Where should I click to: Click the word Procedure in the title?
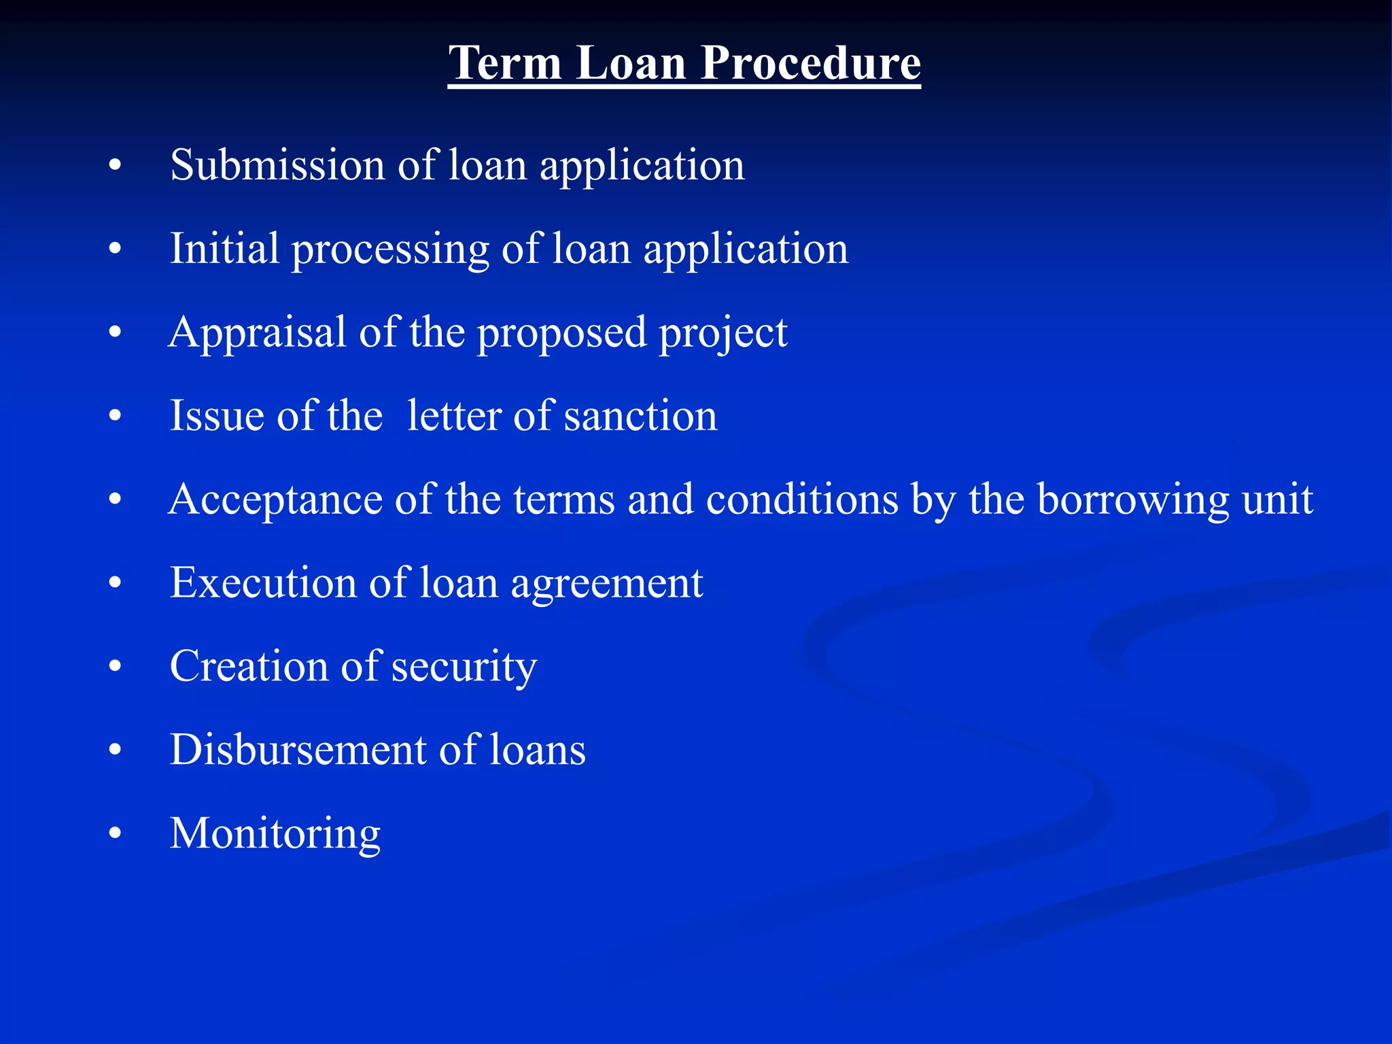pyautogui.click(x=810, y=63)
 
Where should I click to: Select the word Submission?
pyautogui.click(x=277, y=165)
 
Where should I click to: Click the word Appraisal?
pyautogui.click(x=258, y=333)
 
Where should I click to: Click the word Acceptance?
pyautogui.click(x=275, y=500)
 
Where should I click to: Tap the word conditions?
pyautogui.click(x=802, y=500)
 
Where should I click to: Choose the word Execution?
pyautogui.click(x=262, y=583)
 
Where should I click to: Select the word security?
pyautogui.click(x=464, y=667)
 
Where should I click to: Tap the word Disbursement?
pyautogui.click(x=298, y=750)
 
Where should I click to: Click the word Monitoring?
pyautogui.click(x=275, y=834)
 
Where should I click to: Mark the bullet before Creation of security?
pyautogui.click(x=115, y=667)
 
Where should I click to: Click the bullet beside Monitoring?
pyautogui.click(x=115, y=833)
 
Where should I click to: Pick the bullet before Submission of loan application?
pyautogui.click(x=115, y=166)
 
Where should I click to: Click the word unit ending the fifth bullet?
pyautogui.click(x=1277, y=500)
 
